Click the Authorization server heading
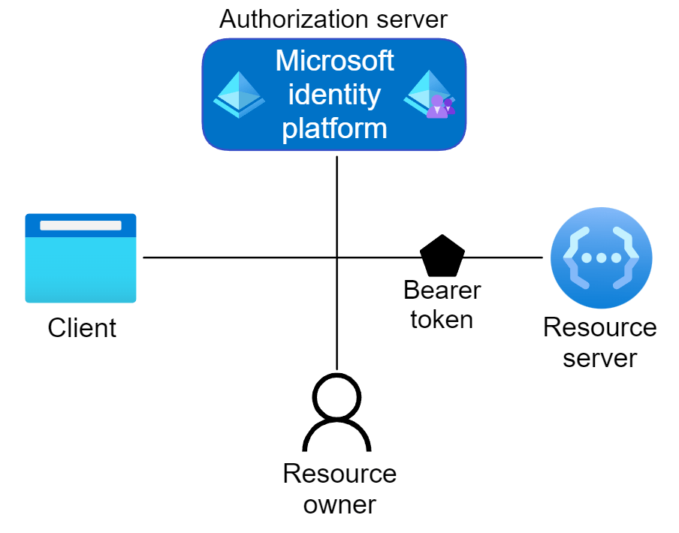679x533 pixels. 333,20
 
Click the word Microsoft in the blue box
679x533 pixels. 335,61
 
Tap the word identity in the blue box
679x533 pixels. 335,95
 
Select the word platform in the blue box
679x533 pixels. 335,128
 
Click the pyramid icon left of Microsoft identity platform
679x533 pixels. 239,95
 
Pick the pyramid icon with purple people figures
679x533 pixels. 430,95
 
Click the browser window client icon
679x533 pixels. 80,258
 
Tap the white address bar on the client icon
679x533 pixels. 80,225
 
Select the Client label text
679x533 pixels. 82,328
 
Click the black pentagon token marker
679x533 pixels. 442,256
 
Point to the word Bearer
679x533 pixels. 442,290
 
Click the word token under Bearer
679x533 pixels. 442,319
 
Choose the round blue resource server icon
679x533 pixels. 601,258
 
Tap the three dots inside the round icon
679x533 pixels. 601,257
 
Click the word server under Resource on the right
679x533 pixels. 600,358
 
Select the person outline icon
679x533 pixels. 336,413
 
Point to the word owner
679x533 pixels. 339,504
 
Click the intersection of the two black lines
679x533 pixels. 336,257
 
